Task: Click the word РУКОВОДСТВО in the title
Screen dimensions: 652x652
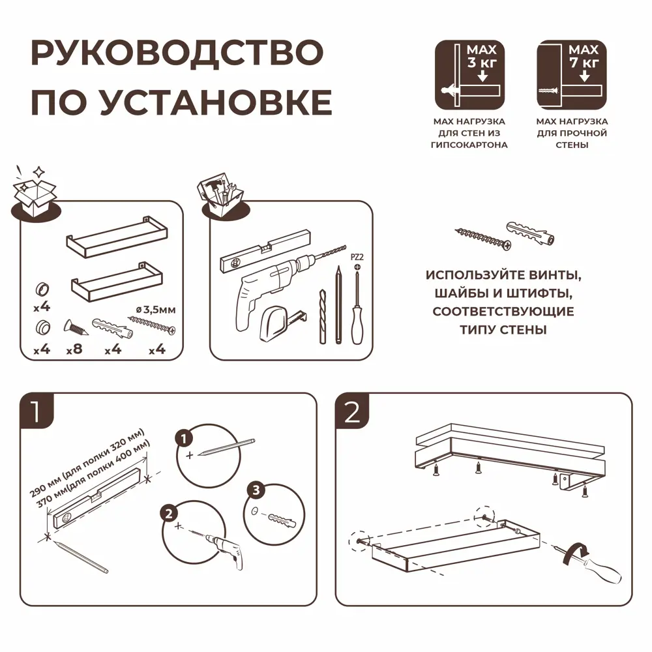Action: point(177,54)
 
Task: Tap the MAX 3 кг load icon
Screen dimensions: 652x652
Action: point(468,75)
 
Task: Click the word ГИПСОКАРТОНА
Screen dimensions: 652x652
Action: point(469,145)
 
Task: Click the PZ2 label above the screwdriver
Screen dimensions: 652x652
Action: point(357,258)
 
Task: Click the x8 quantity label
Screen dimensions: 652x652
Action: point(74,350)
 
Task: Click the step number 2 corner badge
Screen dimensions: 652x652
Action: point(352,411)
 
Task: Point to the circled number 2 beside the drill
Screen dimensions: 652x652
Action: point(170,513)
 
